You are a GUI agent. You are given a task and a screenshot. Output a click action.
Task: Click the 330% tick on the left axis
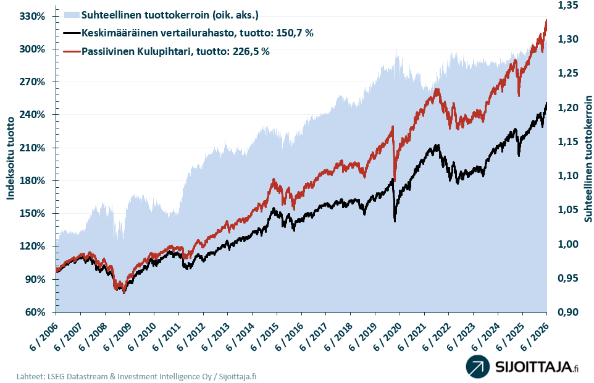pos(32,16)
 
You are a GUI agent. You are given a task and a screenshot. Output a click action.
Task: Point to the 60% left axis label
pos(35,312)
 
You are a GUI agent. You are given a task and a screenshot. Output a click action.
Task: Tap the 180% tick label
pos(32,181)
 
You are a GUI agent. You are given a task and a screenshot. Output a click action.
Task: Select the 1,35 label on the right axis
pos(568,6)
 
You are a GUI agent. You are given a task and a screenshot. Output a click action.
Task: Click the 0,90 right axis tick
pos(568,312)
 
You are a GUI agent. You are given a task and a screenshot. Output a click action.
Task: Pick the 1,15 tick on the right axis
pos(568,141)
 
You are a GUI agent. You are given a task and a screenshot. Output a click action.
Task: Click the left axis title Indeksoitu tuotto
pos(10,158)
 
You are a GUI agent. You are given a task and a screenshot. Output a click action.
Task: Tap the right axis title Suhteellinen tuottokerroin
pos(588,159)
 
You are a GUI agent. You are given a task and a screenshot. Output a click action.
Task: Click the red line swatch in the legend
pos(72,51)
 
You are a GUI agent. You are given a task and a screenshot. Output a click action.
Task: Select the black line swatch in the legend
pos(72,33)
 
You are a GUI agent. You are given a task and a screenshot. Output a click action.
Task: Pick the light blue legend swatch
pos(72,15)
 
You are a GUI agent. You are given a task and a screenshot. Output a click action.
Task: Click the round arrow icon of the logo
pos(478,366)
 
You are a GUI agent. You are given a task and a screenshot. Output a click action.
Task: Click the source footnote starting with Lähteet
pos(136,377)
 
